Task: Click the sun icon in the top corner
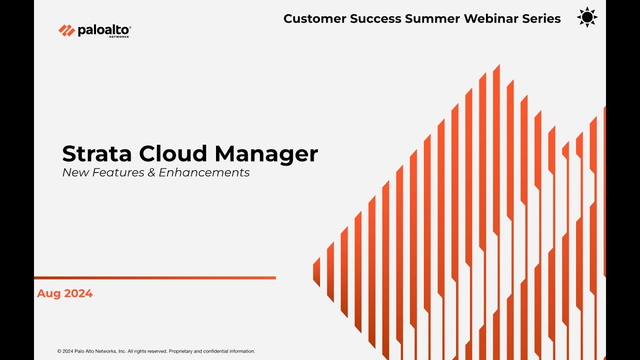click(587, 17)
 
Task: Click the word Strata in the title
click(97, 153)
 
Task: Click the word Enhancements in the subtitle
click(204, 172)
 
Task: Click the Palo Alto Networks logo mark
click(66, 30)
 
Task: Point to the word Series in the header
click(542, 19)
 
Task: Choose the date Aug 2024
click(64, 293)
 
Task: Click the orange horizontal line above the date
click(155, 277)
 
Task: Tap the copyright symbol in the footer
click(59, 351)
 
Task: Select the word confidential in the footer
click(215, 351)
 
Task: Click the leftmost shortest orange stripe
click(316, 272)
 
